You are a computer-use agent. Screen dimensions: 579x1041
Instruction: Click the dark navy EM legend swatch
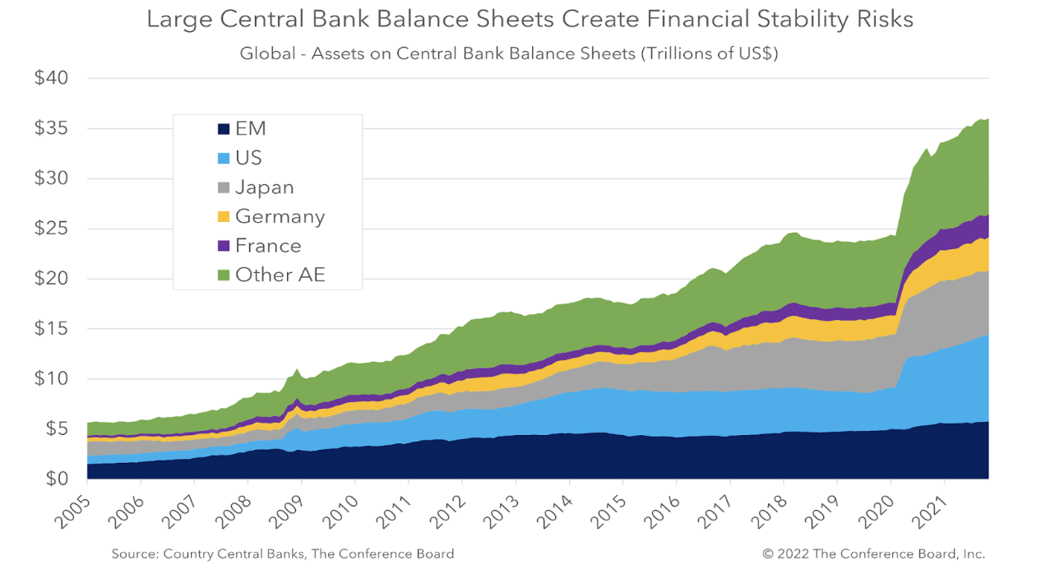point(223,129)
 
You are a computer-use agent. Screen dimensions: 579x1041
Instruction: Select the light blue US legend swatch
point(223,159)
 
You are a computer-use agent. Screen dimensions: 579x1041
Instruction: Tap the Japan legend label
point(264,188)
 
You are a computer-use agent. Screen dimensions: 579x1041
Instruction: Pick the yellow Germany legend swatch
point(223,217)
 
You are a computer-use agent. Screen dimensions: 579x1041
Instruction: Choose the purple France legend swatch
point(223,246)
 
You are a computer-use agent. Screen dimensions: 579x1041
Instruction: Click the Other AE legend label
point(280,276)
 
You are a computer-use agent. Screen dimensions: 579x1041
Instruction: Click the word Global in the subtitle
point(266,54)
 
